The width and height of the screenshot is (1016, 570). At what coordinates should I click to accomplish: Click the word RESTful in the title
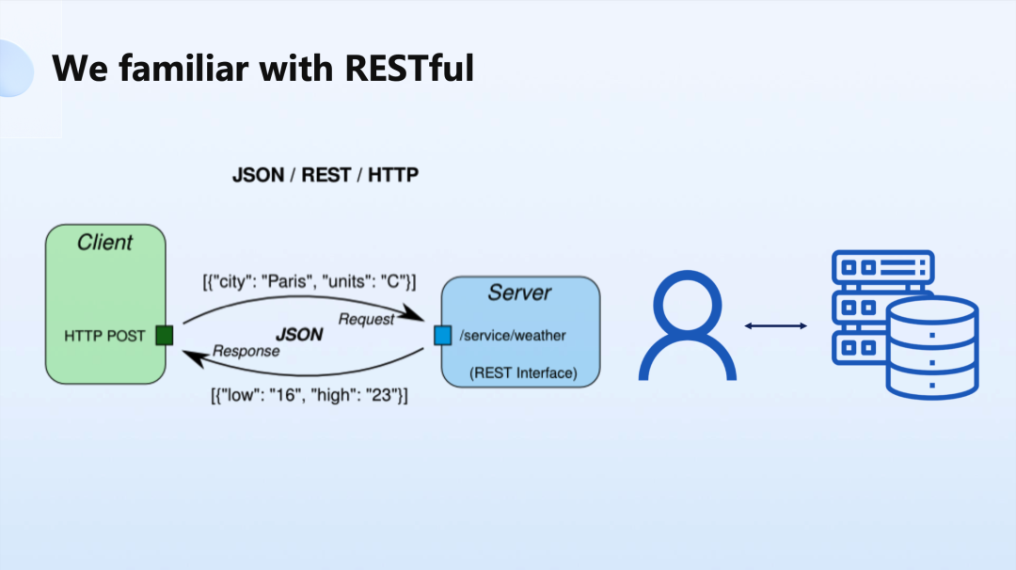tap(409, 68)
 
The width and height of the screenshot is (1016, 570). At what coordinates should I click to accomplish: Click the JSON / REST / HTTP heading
tap(325, 175)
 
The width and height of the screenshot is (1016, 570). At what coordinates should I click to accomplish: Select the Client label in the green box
tap(104, 243)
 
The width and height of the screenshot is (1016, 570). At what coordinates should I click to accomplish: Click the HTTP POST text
tap(104, 336)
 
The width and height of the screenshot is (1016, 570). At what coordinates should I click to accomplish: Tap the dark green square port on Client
tap(165, 336)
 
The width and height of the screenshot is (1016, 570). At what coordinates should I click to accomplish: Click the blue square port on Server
tap(442, 335)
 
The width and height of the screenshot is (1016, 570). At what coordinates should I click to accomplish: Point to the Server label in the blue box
tap(519, 293)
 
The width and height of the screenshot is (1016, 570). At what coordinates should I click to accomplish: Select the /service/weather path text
tap(513, 336)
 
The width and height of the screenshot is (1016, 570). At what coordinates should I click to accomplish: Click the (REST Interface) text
tap(524, 373)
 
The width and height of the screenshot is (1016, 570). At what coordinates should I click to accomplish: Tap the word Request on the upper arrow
tap(366, 319)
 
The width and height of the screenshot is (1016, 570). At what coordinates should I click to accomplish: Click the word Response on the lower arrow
tap(246, 351)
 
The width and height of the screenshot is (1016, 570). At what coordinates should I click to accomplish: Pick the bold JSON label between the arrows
tap(299, 334)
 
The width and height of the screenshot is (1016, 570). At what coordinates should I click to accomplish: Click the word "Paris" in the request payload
tap(286, 282)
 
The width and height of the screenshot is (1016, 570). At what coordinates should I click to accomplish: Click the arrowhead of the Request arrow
tap(411, 313)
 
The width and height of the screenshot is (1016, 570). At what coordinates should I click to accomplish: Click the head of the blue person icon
tap(688, 305)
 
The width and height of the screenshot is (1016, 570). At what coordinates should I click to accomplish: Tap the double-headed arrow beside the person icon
tap(775, 325)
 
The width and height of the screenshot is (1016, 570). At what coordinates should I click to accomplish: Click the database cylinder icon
tap(932, 346)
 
